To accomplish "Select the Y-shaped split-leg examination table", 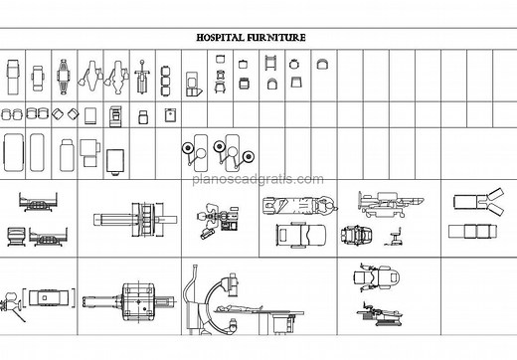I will pos(476,203).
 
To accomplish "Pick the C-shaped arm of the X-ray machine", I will pos(204,298).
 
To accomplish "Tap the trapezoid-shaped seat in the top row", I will pos(321,64).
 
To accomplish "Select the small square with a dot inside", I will pos(170,114).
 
